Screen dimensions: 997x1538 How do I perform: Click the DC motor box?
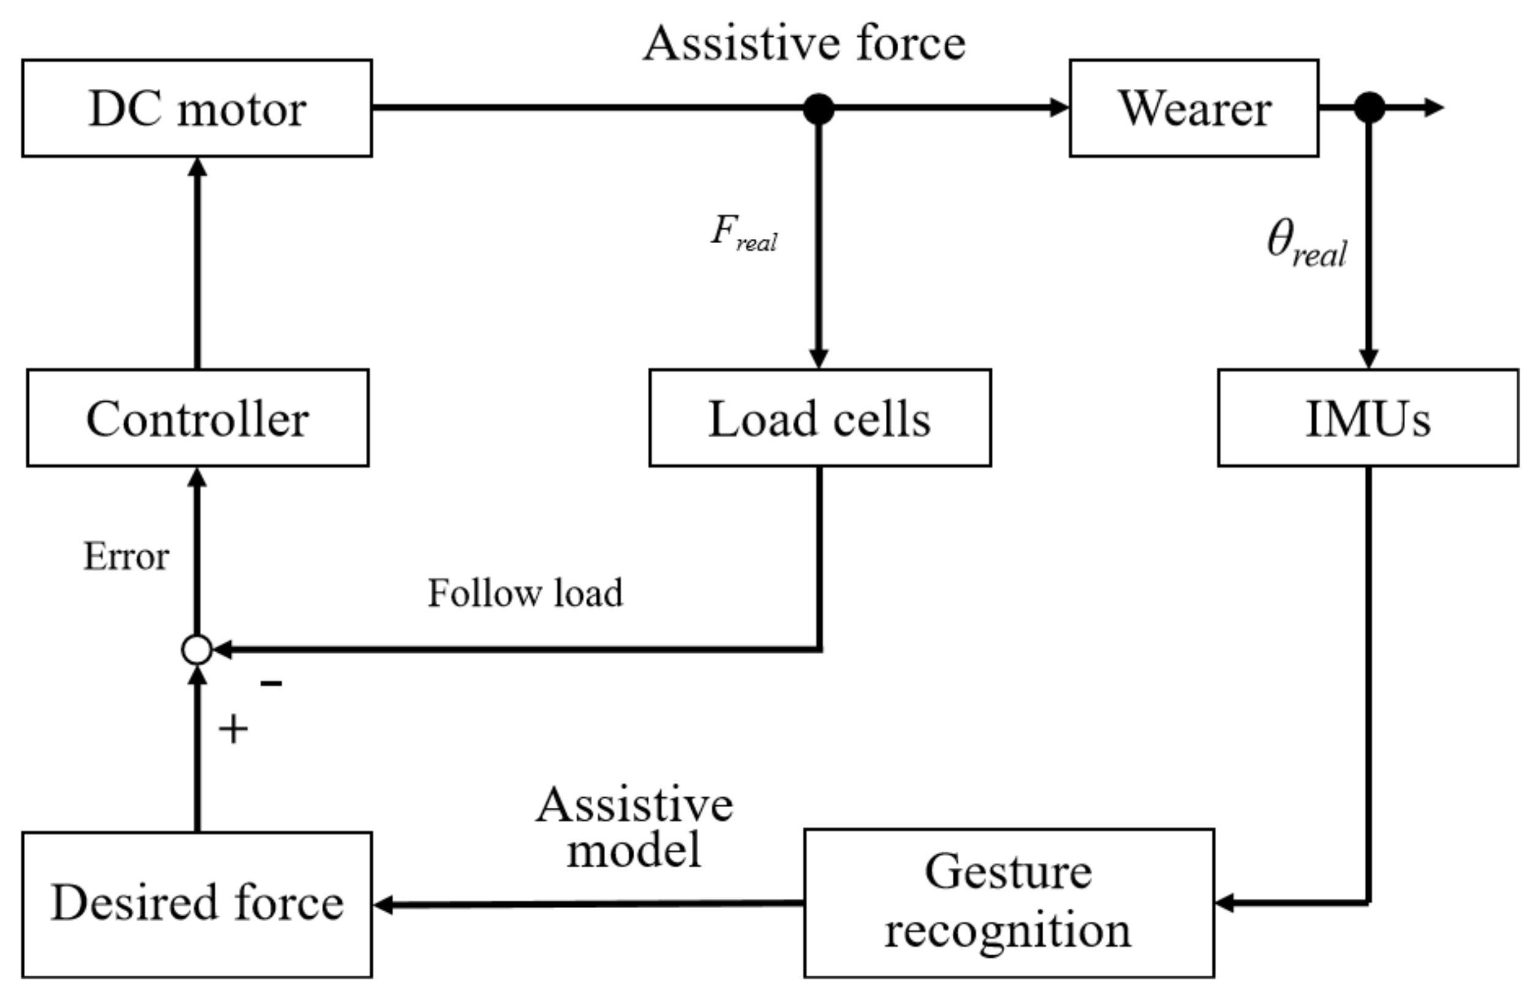pos(197,108)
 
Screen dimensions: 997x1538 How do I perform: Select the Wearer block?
pos(1193,108)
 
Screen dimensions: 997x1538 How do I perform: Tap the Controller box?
pos(198,418)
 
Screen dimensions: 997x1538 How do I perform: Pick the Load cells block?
pos(819,418)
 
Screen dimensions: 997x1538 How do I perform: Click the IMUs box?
pos(1367,418)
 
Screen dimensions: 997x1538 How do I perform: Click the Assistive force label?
pos(804,44)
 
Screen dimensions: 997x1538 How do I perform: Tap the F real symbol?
pos(743,233)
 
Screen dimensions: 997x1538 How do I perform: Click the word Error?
pos(126,556)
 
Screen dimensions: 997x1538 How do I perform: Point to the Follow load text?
pos(525,593)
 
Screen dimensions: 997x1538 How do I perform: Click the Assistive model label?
pos(634,827)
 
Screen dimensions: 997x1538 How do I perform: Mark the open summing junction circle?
pos(197,650)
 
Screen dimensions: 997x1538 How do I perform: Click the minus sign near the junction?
pos(271,683)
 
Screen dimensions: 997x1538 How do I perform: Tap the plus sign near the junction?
pos(233,730)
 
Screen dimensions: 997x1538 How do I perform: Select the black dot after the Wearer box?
pos(1368,107)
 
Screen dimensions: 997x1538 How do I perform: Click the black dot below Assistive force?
pos(818,108)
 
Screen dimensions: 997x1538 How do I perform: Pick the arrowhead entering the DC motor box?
pos(197,166)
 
